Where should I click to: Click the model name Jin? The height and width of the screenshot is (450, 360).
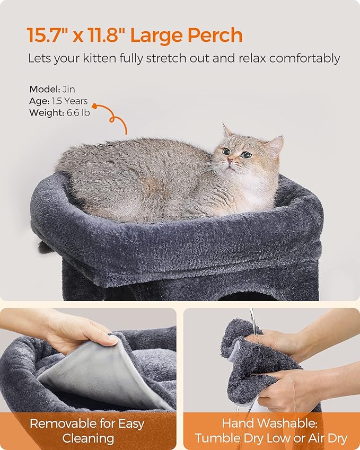[x=68, y=89]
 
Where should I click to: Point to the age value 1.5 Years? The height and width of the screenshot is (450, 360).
[x=69, y=101]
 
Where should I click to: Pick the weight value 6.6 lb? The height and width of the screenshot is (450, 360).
[x=78, y=112]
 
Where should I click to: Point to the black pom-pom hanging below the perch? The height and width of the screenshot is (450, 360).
[x=45, y=248]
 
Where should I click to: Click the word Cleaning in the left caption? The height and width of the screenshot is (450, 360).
[x=88, y=439]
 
